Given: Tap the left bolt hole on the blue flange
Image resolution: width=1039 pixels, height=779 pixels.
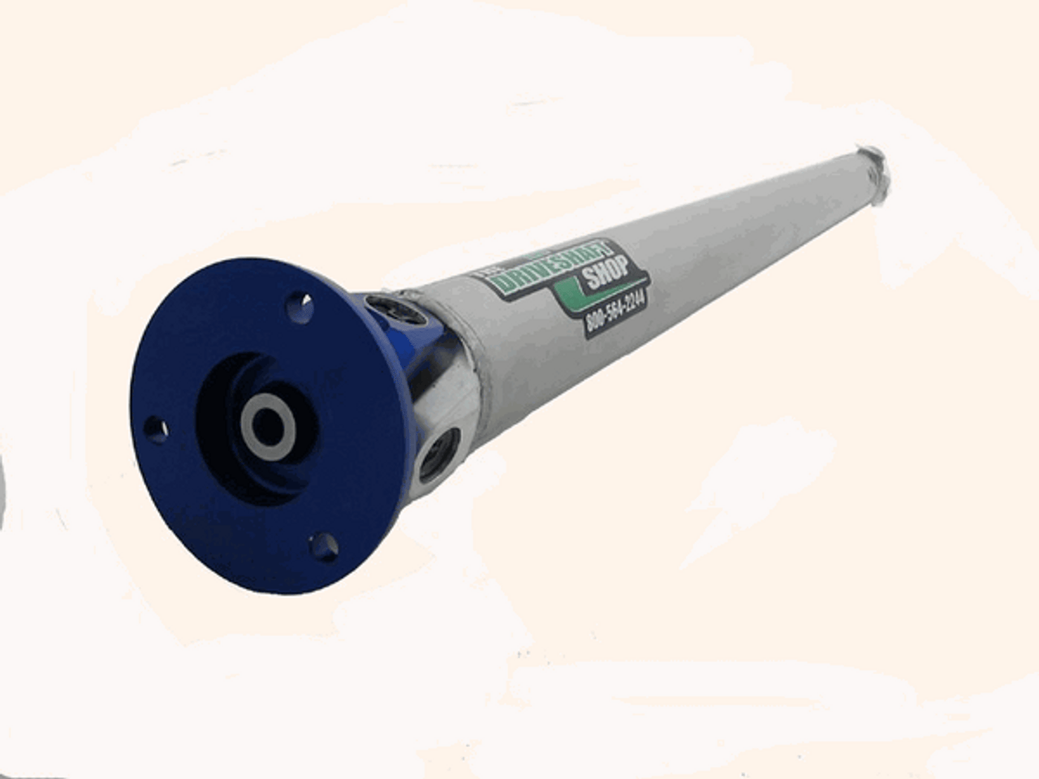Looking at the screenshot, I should tap(155, 428).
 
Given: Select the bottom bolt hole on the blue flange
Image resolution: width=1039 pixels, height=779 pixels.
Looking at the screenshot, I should tap(324, 545).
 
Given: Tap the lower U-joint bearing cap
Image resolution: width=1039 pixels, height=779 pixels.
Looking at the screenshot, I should tap(439, 455).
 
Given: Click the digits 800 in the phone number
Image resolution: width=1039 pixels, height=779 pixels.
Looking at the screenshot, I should tap(596, 322).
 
